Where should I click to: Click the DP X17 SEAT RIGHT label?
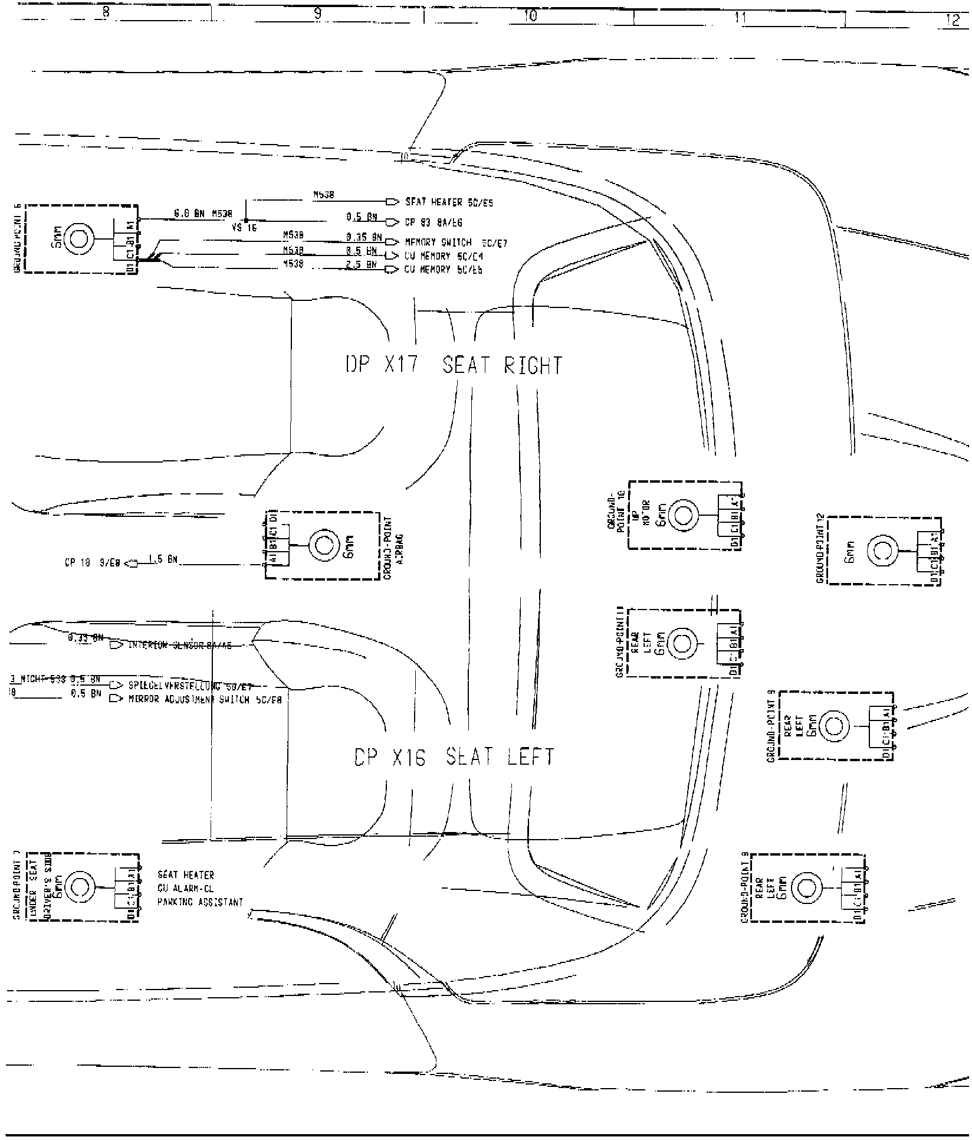click(x=454, y=365)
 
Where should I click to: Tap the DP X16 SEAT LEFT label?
click(x=454, y=757)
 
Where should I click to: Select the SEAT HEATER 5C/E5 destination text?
click(x=449, y=202)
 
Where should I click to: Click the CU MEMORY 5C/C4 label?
click(x=444, y=257)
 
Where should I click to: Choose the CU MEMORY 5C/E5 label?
click(x=444, y=270)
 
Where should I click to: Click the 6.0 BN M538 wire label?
click(x=203, y=214)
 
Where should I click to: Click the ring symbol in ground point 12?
click(x=882, y=551)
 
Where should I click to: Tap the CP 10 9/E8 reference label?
click(x=93, y=563)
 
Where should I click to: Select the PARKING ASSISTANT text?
click(x=200, y=919)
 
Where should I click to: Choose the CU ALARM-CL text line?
click(x=186, y=905)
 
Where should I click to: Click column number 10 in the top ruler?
click(x=530, y=16)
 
